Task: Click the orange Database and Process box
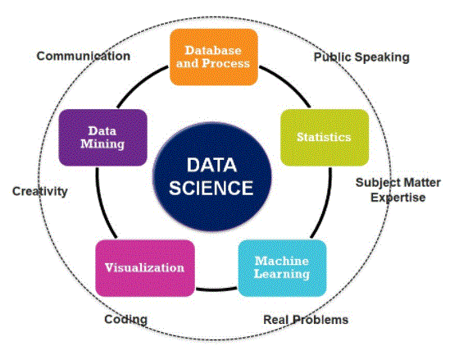(214, 57)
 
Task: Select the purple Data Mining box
(102, 138)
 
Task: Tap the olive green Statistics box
(325, 138)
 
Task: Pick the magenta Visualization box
(145, 268)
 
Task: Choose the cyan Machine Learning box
(283, 268)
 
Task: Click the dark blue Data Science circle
(212, 176)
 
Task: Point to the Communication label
(84, 56)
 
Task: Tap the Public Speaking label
(361, 57)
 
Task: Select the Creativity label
(40, 192)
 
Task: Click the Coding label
(125, 320)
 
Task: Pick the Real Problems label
(306, 320)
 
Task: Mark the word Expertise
(398, 198)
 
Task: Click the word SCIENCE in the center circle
(211, 188)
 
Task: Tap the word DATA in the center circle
(211, 165)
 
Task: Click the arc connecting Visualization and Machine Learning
(216, 289)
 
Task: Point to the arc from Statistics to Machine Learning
(325, 204)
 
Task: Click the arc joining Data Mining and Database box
(140, 84)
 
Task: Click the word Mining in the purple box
(102, 144)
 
